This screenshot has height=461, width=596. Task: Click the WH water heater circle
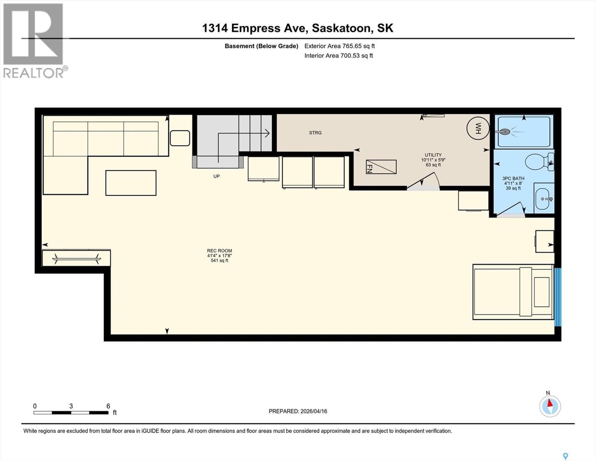pyautogui.click(x=478, y=128)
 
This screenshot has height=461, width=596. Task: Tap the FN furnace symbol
pyautogui.click(x=381, y=167)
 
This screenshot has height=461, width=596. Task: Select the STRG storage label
pyautogui.click(x=315, y=133)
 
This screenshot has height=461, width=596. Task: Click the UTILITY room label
pyautogui.click(x=433, y=155)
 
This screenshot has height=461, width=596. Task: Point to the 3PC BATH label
pyautogui.click(x=513, y=179)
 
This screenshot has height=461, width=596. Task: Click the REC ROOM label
pyautogui.click(x=220, y=251)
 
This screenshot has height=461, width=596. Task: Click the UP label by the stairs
pyautogui.click(x=216, y=176)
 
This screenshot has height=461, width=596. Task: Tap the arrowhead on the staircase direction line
pyautogui.click(x=267, y=133)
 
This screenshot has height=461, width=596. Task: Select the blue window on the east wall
pyautogui.click(x=558, y=297)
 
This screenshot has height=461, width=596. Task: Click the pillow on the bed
pyautogui.click(x=542, y=292)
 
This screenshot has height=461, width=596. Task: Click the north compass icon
pyautogui.click(x=550, y=406)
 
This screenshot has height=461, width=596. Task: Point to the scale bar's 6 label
pyautogui.click(x=108, y=406)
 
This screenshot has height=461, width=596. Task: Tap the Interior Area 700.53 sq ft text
pyautogui.click(x=338, y=56)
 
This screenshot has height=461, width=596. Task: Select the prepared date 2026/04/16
pyautogui.click(x=298, y=411)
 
